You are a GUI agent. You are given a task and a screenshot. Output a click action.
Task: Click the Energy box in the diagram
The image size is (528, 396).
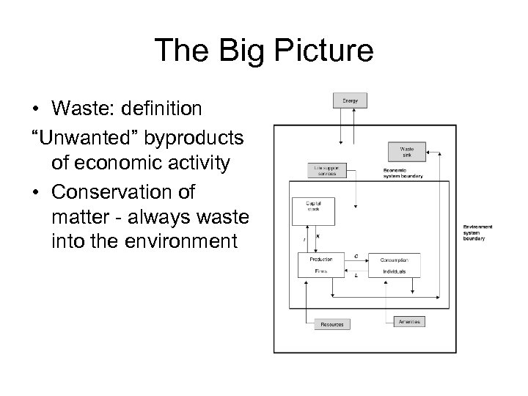350,100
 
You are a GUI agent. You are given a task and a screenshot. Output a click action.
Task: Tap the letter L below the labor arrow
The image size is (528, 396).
356,276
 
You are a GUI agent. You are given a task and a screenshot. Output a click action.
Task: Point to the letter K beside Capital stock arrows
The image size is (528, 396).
317,236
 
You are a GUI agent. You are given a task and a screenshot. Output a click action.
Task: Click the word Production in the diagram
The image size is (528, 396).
321,259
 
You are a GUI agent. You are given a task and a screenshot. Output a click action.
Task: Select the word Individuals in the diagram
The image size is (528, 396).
393,271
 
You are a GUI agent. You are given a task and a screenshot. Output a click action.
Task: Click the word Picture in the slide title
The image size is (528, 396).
323,51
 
